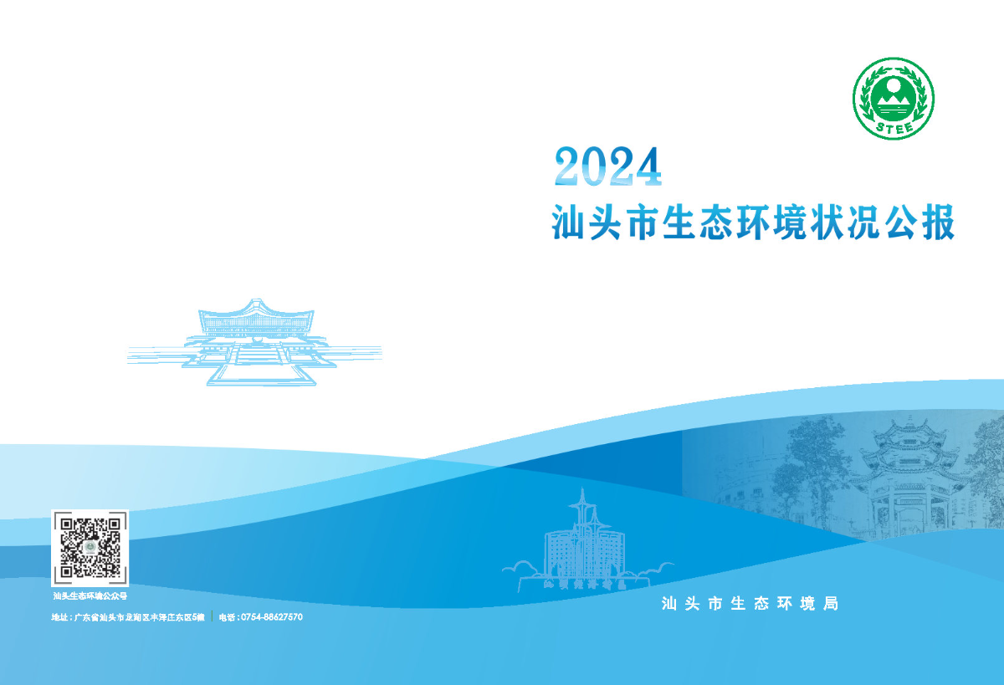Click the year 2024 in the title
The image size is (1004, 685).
click(x=608, y=166)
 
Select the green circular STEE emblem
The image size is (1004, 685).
click(x=893, y=98)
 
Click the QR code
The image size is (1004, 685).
click(x=90, y=547)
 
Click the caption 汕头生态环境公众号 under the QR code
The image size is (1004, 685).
click(x=90, y=596)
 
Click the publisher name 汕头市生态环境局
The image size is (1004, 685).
click(x=749, y=603)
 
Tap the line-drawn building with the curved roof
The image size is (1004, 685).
click(x=255, y=335)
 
